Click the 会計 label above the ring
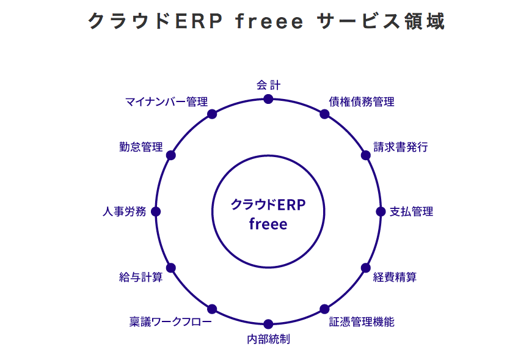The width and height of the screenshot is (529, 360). click(268, 85)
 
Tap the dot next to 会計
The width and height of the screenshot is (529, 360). click(268, 99)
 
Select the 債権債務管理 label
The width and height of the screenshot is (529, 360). click(362, 101)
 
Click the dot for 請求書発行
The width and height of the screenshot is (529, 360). click(366, 155)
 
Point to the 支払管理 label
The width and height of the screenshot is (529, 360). click(412, 211)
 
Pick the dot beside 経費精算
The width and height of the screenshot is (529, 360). click(366, 268)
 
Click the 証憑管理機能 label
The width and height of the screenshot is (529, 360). click(362, 321)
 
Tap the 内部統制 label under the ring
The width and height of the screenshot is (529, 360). click(268, 339)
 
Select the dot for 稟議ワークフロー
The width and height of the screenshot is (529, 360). click(212, 309)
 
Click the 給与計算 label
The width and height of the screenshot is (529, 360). click(141, 277)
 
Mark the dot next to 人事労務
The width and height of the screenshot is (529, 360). click(156, 211)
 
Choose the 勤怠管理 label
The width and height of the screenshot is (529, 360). click(141, 147)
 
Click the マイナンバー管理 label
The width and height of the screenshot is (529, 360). click(166, 101)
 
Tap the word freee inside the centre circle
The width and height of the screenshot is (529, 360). click(268, 224)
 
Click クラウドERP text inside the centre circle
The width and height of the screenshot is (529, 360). click(268, 205)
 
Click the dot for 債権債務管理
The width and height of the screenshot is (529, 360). click(324, 114)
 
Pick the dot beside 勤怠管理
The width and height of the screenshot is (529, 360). click(171, 155)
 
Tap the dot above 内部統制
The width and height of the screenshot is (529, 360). click(268, 324)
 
